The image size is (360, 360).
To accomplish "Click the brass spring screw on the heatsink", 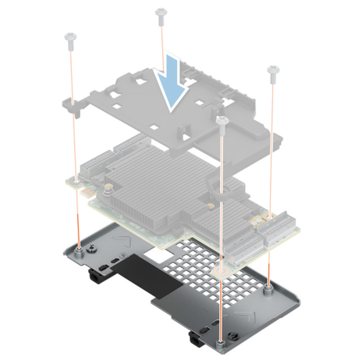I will (108, 190).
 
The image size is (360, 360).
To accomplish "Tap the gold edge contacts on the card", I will (85, 192).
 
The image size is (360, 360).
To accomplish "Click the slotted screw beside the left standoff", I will (90, 248).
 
